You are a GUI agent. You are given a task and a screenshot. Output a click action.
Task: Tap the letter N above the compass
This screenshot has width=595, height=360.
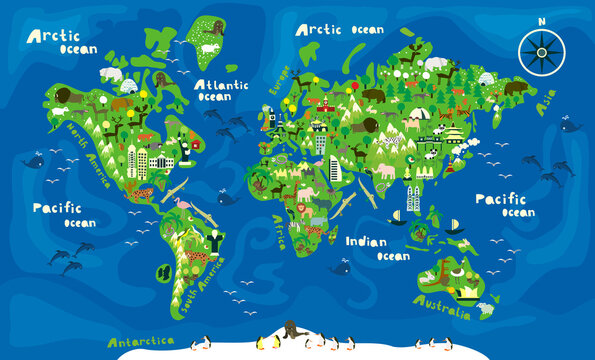tap(541, 19)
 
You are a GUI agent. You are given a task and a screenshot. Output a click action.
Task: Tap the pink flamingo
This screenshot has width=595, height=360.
tap(183, 207)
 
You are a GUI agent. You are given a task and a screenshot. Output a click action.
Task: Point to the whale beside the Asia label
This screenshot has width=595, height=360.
tap(570, 125)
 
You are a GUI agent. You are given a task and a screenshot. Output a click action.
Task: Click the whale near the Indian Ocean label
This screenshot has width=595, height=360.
tap(341, 267)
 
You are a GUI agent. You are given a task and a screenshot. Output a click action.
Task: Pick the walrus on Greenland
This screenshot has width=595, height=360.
tap(211, 47)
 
